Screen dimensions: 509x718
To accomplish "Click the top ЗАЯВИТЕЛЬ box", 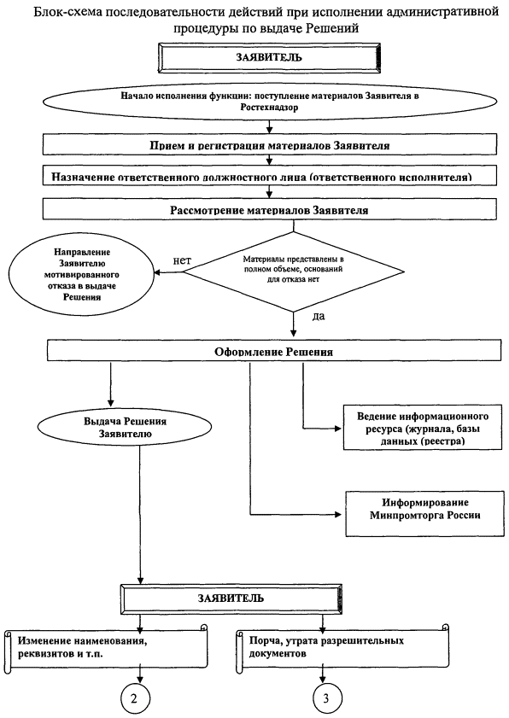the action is [x=269, y=57].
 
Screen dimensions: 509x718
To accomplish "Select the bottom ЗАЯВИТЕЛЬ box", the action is [x=231, y=598].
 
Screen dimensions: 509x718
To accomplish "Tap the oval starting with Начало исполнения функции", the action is [x=269, y=102].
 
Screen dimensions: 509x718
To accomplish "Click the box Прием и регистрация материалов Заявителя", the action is [x=269, y=144].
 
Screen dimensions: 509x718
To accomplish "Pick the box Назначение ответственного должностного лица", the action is [x=269, y=176].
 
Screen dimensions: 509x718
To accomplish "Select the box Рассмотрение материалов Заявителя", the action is [x=269, y=210].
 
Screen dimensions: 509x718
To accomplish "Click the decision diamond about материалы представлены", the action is [x=294, y=272].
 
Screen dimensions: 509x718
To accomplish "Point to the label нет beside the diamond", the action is [x=182, y=260].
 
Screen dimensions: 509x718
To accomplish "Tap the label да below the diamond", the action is [x=319, y=316].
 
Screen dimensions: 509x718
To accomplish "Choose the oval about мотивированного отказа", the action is [x=81, y=275].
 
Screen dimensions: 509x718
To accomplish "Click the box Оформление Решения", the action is [x=273, y=352].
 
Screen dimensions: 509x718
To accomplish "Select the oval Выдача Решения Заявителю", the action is [x=125, y=427].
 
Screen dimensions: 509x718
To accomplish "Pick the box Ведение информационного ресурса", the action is [x=423, y=428].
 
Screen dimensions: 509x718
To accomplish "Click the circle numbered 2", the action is [x=134, y=698].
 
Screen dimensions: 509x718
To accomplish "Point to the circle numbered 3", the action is [x=325, y=698].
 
